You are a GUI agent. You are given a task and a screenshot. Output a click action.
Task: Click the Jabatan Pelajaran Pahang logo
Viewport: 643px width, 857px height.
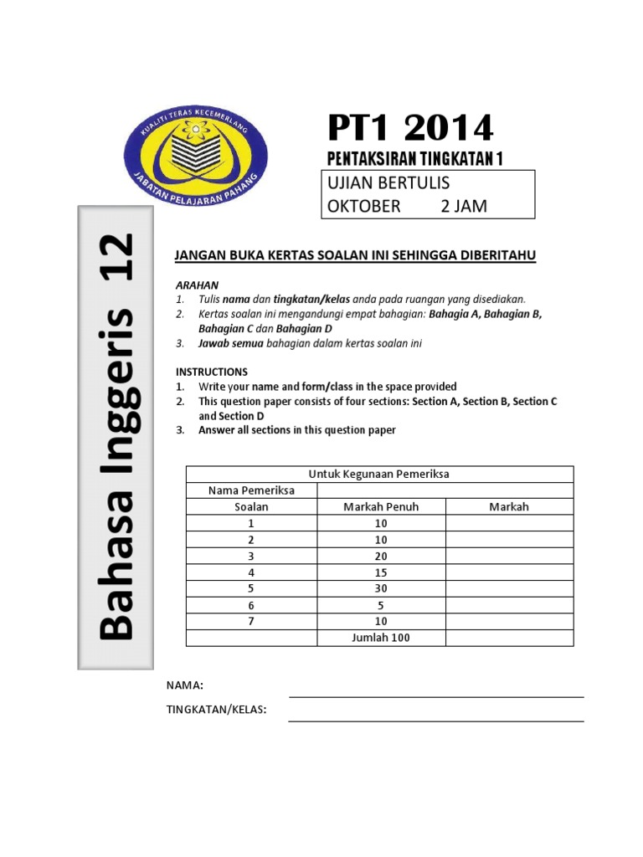(x=196, y=151)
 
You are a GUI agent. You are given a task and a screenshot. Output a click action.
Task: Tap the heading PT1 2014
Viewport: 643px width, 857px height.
(x=410, y=128)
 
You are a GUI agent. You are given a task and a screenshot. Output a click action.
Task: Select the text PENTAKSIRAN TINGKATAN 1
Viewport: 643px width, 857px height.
(x=414, y=159)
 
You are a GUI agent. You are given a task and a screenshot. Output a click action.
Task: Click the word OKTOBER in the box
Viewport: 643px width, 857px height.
(x=364, y=206)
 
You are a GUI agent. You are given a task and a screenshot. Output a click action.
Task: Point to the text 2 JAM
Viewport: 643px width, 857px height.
(x=464, y=206)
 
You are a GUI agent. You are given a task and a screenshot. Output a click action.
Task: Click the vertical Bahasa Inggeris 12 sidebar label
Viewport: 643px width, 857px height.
(x=116, y=437)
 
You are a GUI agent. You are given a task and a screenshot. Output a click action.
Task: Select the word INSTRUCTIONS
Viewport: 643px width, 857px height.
(x=212, y=371)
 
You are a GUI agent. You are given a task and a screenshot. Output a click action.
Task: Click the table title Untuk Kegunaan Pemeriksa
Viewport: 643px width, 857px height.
(x=379, y=474)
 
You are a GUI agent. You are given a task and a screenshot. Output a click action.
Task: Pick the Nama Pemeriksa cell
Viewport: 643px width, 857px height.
(x=251, y=490)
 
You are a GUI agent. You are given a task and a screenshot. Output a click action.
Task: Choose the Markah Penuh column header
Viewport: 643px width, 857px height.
(x=381, y=506)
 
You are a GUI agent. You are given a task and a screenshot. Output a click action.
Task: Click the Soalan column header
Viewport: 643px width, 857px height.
(x=251, y=506)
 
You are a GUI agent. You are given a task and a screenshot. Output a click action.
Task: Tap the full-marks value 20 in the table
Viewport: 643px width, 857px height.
(x=381, y=556)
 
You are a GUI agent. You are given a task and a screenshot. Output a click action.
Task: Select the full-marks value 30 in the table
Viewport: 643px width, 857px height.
(x=381, y=588)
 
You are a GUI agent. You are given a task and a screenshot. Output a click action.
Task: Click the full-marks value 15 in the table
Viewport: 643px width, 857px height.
(x=381, y=572)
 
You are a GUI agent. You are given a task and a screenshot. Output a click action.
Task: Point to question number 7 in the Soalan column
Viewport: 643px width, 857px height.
(x=251, y=621)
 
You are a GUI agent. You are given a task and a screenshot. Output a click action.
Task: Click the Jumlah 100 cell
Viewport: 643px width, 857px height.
(x=381, y=638)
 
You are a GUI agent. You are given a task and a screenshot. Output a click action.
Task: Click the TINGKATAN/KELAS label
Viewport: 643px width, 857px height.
(x=217, y=710)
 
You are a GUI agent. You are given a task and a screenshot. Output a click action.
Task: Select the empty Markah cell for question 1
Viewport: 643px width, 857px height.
(x=509, y=523)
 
